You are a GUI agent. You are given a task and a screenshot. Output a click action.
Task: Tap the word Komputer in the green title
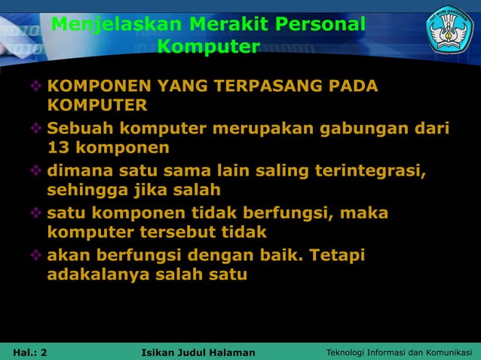[209, 47]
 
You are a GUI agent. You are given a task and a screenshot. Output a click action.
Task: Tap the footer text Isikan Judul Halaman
[198, 352]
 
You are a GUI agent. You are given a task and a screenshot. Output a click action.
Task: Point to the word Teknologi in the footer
[347, 352]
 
